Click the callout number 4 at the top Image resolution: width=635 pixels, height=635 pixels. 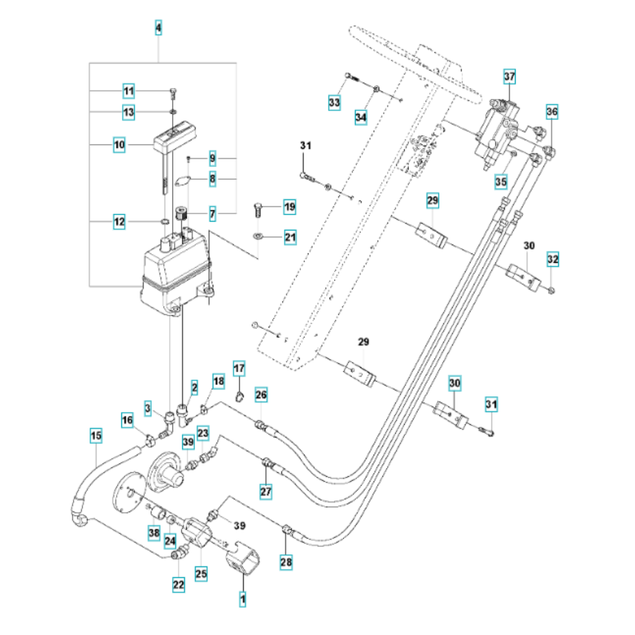158,28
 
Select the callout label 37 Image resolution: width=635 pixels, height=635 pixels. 510,77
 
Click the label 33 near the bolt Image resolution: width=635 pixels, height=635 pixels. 335,102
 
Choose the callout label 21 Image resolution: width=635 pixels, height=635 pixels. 290,237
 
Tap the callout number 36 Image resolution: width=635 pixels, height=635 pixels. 552,112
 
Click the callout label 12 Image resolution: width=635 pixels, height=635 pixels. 119,222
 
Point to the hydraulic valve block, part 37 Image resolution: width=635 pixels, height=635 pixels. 499,130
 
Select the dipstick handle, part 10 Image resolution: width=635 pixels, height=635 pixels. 175,136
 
